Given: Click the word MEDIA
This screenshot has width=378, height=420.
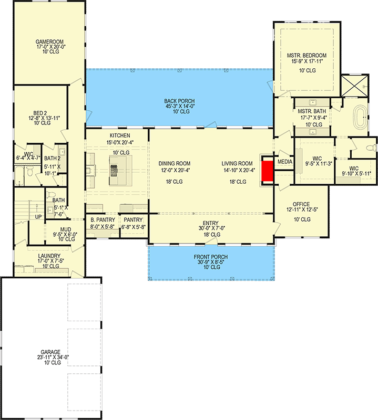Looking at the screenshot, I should coord(284,162).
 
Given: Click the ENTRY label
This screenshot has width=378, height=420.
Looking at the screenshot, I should coord(211,223).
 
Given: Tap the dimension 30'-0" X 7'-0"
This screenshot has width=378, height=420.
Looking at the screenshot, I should coord(211,228).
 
